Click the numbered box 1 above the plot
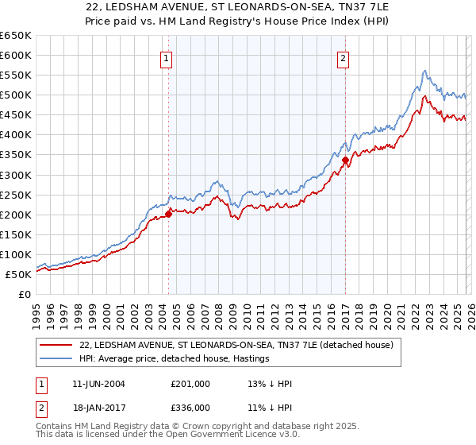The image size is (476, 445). pos(167,57)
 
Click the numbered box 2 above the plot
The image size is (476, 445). pos(344,57)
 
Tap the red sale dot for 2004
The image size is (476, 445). pos(169,214)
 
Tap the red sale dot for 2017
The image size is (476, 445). pos(346,160)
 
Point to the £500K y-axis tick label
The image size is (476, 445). pos(15,95)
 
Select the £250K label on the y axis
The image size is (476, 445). pos(15,195)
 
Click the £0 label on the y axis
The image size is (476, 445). pos(24,295)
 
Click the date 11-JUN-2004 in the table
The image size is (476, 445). pos(98,384)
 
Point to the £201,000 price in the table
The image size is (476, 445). pos(190,384)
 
